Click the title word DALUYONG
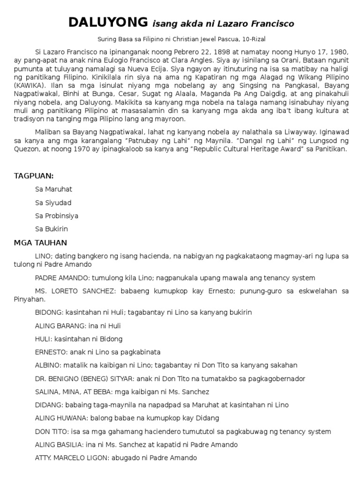(x=107, y=22)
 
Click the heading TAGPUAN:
(x=34, y=176)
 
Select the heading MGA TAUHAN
(x=40, y=243)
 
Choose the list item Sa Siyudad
(x=53, y=202)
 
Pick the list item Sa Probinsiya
(x=57, y=216)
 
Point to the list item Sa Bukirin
(x=52, y=229)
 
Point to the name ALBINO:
(x=48, y=365)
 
